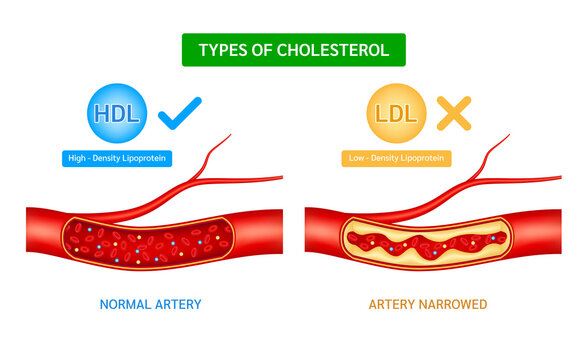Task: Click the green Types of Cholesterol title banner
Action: [x=293, y=50]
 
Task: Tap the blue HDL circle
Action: [x=118, y=113]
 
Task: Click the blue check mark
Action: [x=180, y=112]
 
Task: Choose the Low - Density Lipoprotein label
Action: [x=397, y=157]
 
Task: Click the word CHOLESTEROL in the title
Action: [x=335, y=50]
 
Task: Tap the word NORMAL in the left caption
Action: [x=124, y=303]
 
